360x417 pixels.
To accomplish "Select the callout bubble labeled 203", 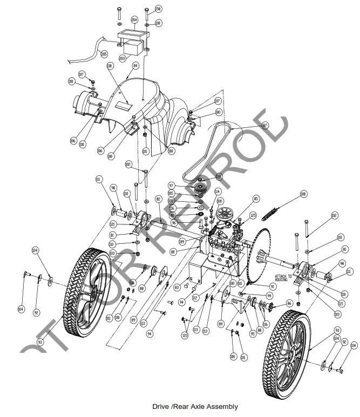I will coord(123,58).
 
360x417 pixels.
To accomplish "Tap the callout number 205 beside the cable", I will coord(104,54).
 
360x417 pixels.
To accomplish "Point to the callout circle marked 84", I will coord(135,65).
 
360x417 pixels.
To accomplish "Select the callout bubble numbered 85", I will coord(256,199).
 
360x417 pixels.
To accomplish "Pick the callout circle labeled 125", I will coord(253,215).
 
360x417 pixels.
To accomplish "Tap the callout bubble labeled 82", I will coord(159,199).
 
